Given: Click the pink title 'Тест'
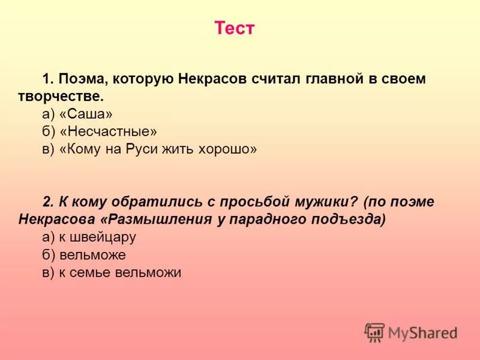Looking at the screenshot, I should [235, 29].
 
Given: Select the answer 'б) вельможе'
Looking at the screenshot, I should [84, 254].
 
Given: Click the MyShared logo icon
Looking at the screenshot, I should [374, 332].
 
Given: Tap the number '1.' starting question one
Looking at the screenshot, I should [49, 79].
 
